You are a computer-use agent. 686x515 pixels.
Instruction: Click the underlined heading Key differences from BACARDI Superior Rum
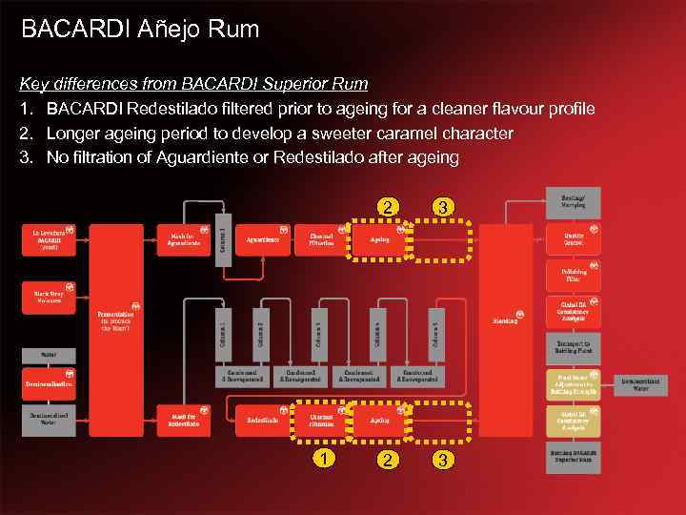coord(194,84)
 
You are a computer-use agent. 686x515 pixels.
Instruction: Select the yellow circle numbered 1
coord(327,460)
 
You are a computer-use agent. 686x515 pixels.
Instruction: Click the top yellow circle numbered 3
coord(441,207)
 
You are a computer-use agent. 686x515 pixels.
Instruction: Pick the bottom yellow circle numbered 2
coord(386,460)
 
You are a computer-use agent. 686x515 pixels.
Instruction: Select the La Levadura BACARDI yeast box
coord(49,238)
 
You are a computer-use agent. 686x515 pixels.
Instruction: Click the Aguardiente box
coord(263,239)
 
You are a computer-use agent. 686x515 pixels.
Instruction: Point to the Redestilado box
coord(263,420)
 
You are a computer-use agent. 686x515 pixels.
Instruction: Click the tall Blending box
coord(505,319)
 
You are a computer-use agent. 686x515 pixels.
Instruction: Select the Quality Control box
coord(573,239)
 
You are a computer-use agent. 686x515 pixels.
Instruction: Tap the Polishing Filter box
coord(573,276)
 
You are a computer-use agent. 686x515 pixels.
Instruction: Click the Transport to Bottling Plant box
coord(573,347)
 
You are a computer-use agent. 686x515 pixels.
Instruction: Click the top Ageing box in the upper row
coord(379,239)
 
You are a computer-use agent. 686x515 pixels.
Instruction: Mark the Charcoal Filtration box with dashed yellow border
coord(321,420)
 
